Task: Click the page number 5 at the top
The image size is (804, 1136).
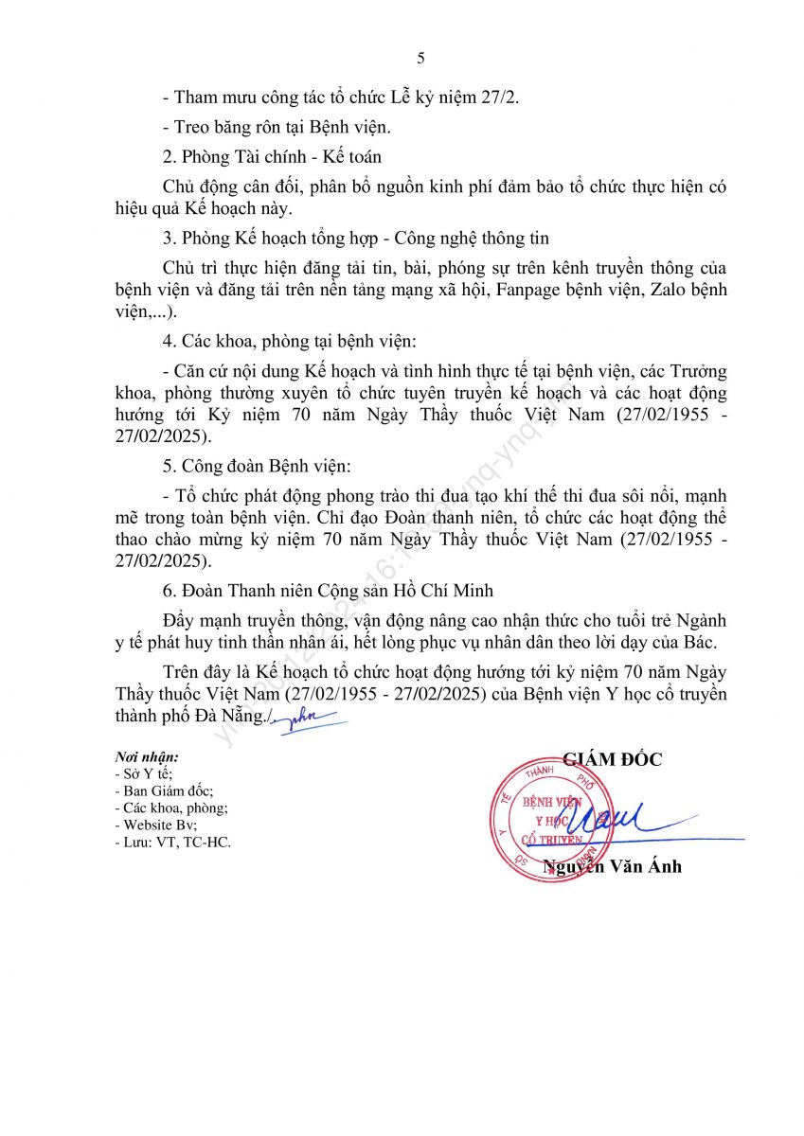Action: (x=420, y=59)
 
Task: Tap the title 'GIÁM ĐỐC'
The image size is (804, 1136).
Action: (x=613, y=758)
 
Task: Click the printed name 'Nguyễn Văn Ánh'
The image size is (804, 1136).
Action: (x=613, y=866)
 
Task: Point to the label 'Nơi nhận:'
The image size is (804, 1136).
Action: (x=147, y=757)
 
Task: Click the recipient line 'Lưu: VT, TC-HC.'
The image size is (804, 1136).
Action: (x=171, y=842)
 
